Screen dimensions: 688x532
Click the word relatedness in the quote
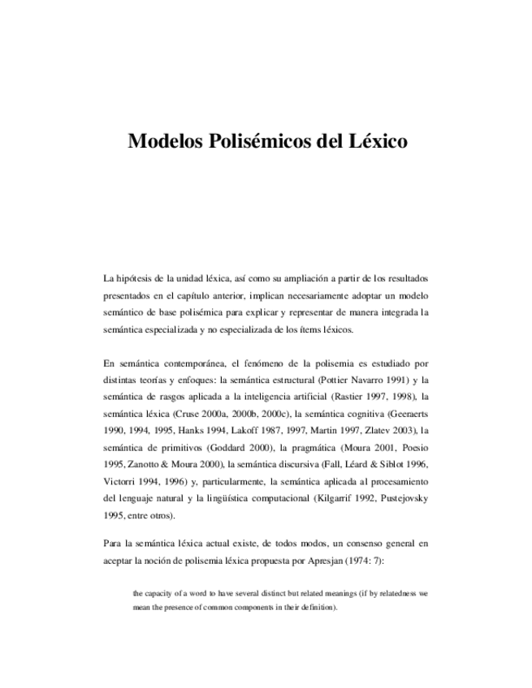[x=391, y=593]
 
